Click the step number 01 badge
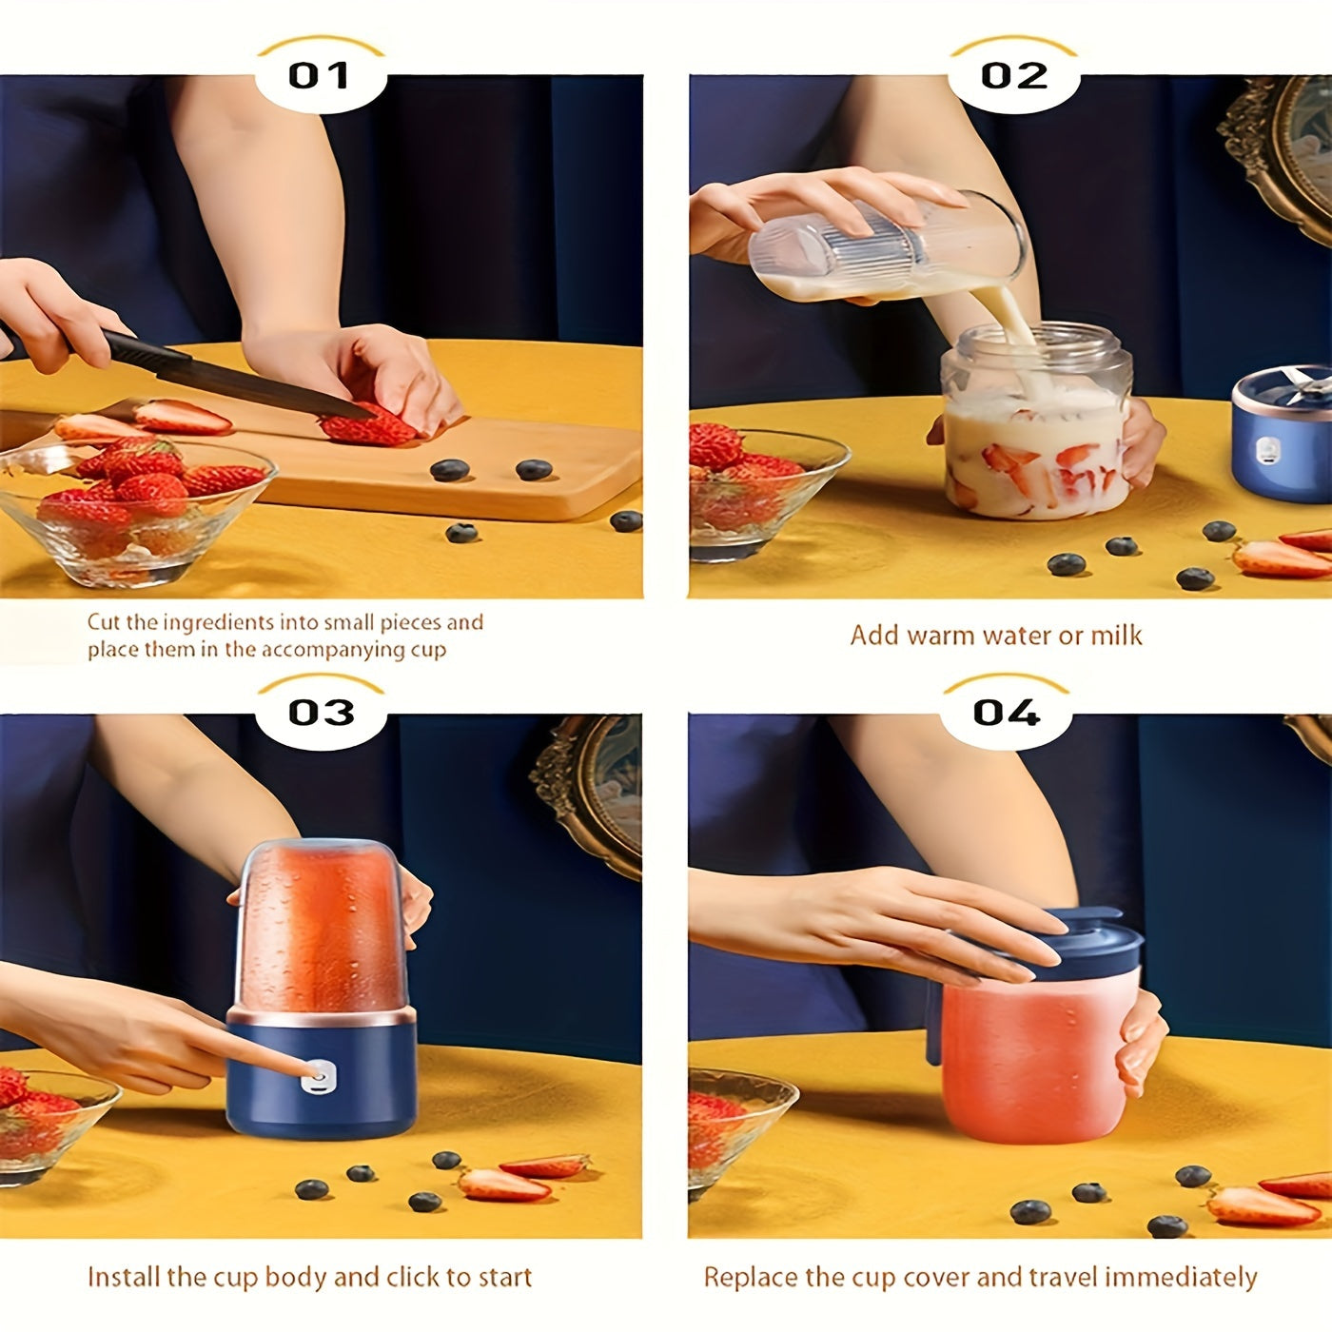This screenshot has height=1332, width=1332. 320,75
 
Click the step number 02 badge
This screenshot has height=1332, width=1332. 1014,75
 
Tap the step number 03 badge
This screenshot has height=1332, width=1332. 321,712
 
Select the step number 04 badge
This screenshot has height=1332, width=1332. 1007,712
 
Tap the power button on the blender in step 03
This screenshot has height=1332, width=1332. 318,1078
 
